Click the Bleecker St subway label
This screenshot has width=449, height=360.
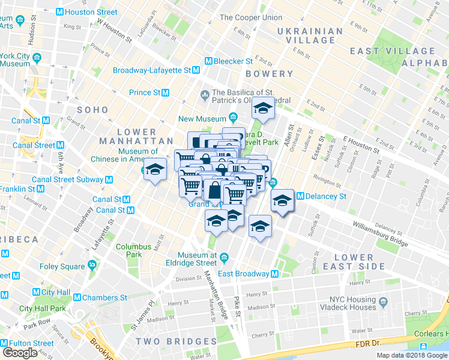234,61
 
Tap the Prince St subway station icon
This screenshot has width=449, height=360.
165,92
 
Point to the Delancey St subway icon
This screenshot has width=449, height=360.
300,196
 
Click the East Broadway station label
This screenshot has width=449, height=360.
243,274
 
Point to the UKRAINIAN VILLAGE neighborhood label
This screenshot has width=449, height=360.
309,35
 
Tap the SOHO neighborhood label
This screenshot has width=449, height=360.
92,110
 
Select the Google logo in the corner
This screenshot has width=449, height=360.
20,353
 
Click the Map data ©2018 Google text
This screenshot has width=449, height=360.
411,355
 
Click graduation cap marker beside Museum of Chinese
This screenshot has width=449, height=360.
155,170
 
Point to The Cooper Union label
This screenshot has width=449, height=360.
251,17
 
